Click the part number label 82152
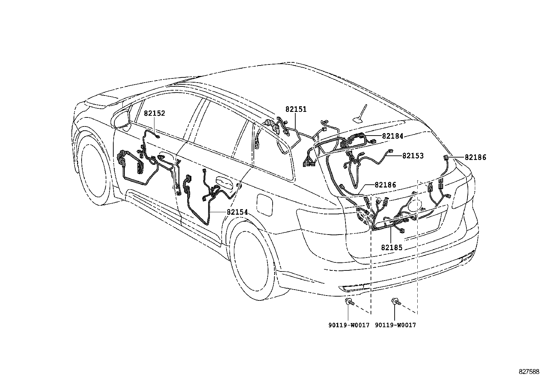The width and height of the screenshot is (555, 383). point(154,113)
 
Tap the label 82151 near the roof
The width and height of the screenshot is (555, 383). point(296,109)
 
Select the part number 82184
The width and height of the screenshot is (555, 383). point(393,136)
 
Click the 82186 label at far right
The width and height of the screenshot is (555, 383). point(475,158)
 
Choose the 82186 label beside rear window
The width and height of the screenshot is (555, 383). point(386,185)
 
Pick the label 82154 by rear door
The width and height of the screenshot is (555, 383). point(237,212)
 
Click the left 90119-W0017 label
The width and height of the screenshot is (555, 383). point(348,325)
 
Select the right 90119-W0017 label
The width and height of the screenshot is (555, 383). point(395,325)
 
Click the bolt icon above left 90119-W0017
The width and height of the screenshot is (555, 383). point(349,302)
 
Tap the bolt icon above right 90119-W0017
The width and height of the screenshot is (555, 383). point(396,302)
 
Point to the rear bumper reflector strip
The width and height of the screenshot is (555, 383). point(353,288)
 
